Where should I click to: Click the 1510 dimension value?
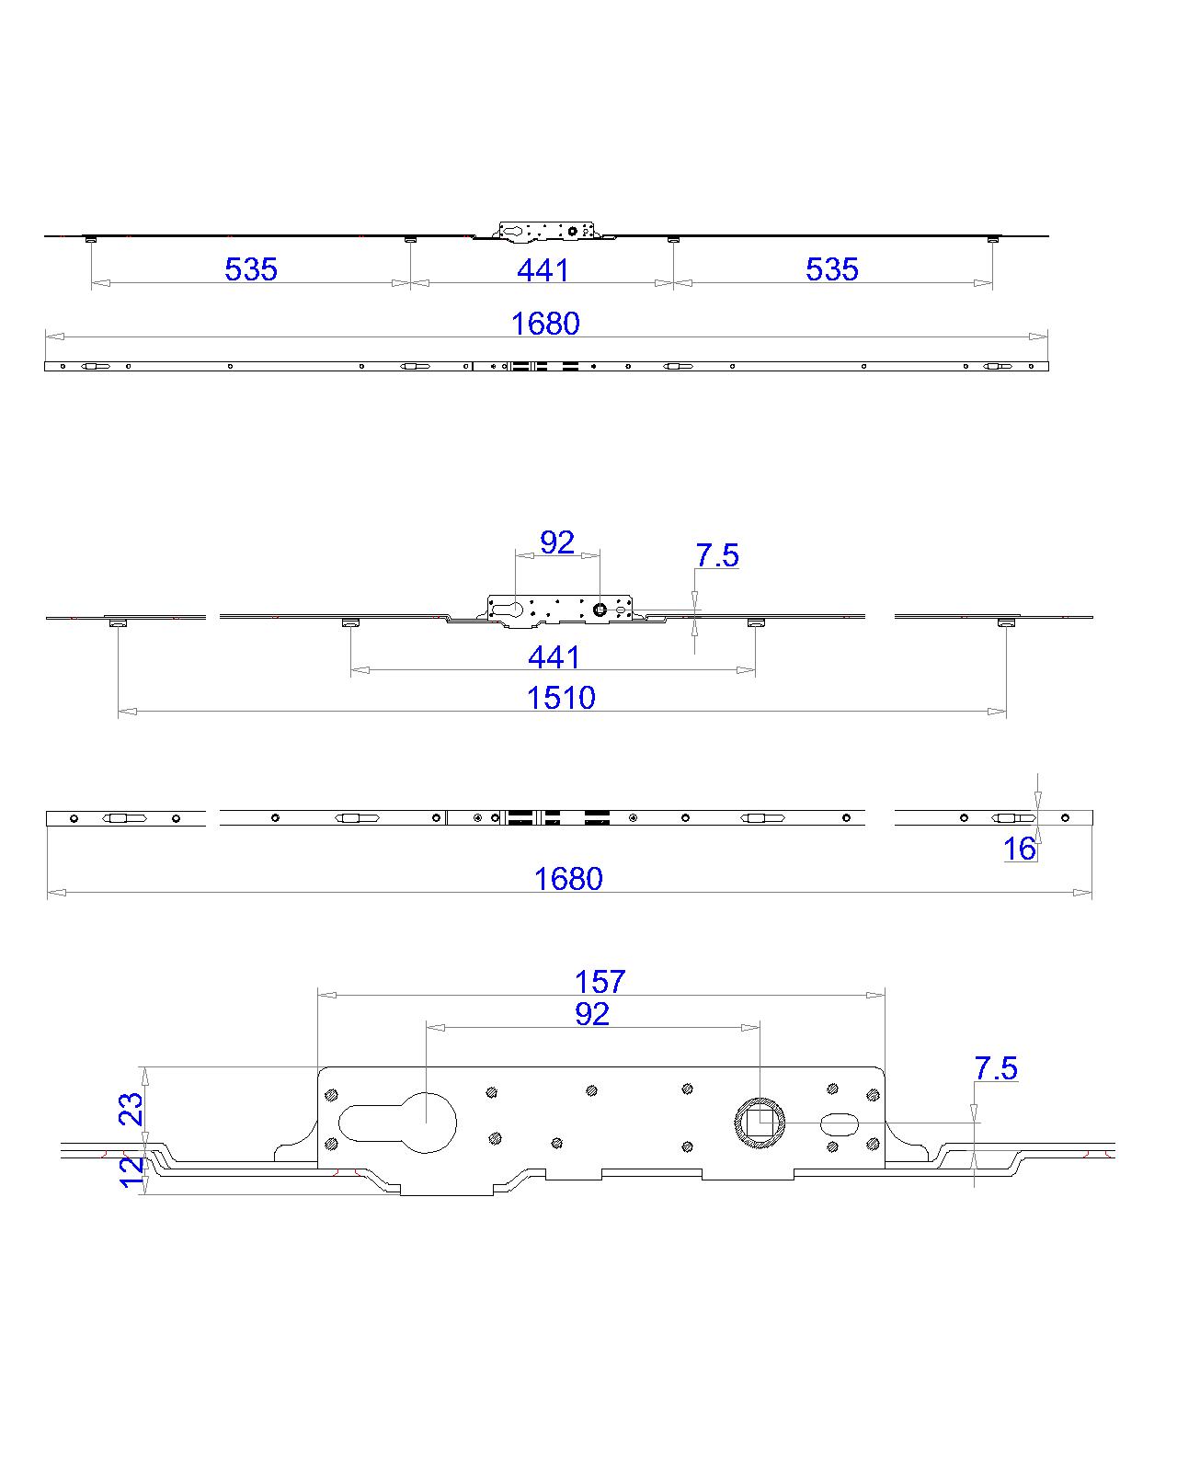[561, 698]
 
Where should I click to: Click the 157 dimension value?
[600, 981]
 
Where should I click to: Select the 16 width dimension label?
[1020, 849]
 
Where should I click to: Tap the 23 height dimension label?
[132, 1109]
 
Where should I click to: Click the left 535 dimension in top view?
[251, 268]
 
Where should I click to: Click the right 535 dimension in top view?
[832, 268]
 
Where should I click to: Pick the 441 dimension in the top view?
[543, 269]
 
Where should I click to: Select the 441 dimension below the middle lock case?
[554, 657]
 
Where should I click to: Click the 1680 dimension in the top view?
[545, 323]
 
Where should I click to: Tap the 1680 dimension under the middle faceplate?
[568, 879]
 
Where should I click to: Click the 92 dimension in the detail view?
[592, 1013]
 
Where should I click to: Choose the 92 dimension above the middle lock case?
[557, 542]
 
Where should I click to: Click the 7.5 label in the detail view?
[996, 1068]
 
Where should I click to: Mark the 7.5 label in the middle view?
[717, 555]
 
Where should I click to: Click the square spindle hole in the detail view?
[760, 1122]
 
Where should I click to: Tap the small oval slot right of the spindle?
[839, 1122]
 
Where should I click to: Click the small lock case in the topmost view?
[544, 231]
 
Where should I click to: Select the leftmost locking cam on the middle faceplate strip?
[123, 818]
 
